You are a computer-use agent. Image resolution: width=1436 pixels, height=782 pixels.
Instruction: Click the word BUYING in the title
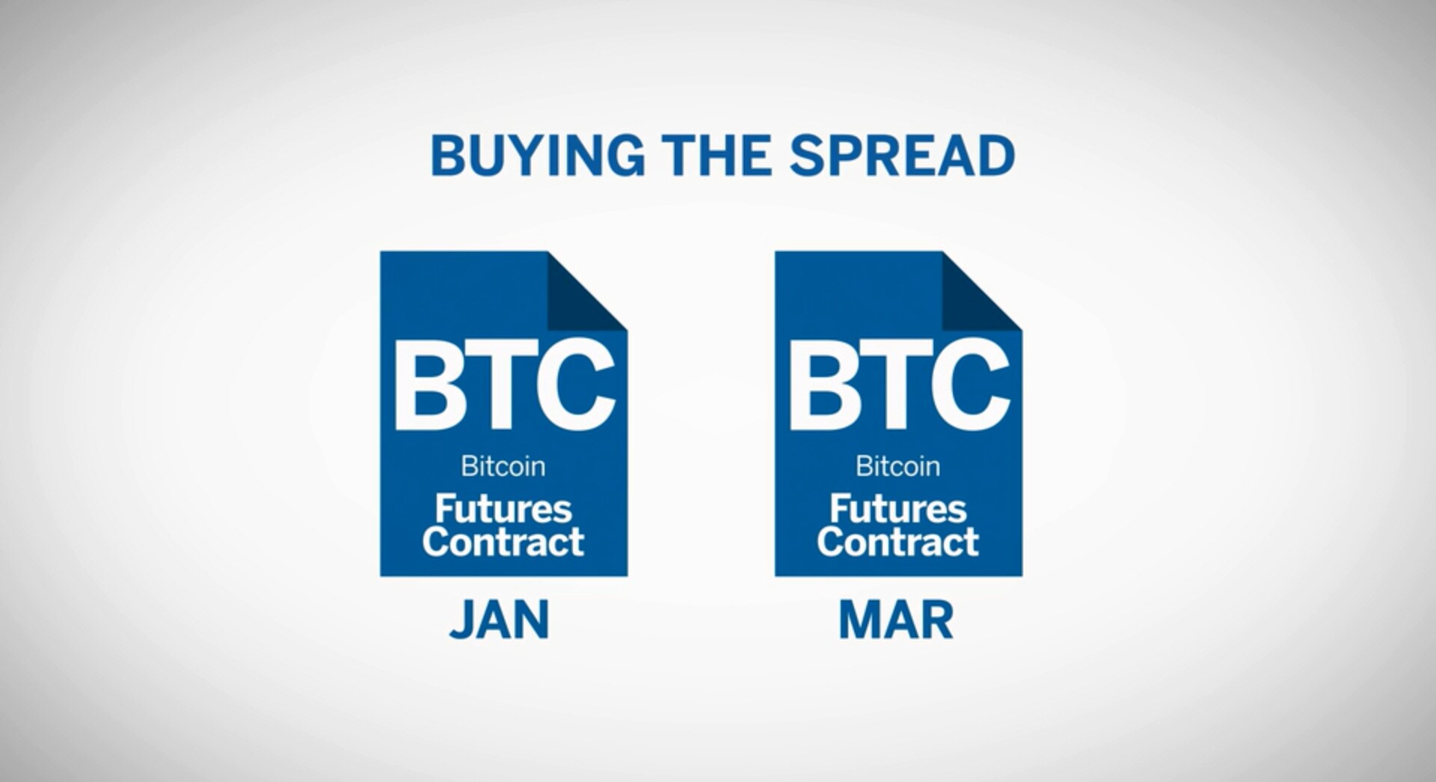pos(538,156)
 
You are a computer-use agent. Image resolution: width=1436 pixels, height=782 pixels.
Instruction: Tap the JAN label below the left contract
pos(499,620)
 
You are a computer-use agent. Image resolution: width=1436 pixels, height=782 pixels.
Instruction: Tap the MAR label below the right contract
pos(896,620)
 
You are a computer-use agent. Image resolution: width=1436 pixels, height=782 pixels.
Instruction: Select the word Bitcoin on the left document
pos(503,466)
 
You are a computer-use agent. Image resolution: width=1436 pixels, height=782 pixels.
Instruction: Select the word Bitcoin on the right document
pos(897,466)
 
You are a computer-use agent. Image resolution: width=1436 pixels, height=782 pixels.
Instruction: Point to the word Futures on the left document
pos(503,509)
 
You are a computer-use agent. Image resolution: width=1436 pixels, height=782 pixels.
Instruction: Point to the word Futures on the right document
pos(898,509)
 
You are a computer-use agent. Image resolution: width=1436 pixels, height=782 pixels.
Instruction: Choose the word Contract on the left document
pos(503,542)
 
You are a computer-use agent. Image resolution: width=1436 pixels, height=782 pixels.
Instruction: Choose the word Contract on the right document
pos(898,542)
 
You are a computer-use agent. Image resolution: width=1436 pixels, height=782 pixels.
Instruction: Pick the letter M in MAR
pos(859,620)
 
